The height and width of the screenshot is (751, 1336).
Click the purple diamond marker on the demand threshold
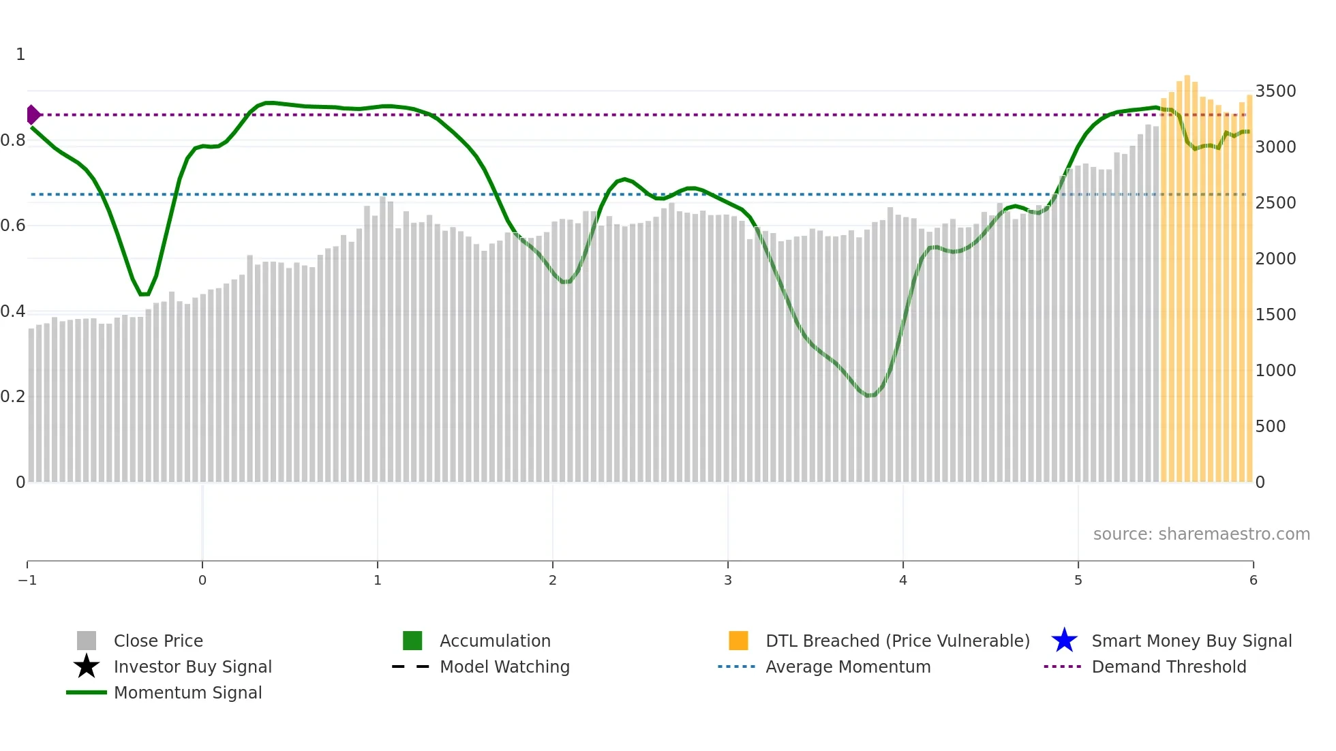point(33,114)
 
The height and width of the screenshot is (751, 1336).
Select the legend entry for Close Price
point(158,641)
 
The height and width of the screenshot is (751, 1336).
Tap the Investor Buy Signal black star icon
point(87,666)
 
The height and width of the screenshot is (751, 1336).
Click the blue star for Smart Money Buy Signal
point(1064,641)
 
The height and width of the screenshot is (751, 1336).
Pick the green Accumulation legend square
point(412,641)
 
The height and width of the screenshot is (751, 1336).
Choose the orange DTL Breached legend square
point(738,641)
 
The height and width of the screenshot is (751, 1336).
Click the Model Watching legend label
point(504,666)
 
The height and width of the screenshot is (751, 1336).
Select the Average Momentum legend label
point(848,666)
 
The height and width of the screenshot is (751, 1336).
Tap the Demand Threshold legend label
point(1168,666)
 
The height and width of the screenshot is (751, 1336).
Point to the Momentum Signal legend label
point(187,692)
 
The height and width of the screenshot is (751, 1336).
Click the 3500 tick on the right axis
point(1275,91)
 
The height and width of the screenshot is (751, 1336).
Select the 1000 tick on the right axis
point(1275,371)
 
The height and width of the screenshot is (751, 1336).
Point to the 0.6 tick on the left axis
point(13,226)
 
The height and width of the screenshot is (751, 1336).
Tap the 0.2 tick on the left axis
point(13,397)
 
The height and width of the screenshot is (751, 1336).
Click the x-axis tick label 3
point(728,580)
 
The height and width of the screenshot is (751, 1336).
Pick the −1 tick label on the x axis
point(27,580)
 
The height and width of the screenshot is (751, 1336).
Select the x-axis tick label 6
point(1253,580)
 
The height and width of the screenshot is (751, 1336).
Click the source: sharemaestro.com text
point(1201,534)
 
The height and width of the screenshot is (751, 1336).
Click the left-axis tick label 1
point(20,55)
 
